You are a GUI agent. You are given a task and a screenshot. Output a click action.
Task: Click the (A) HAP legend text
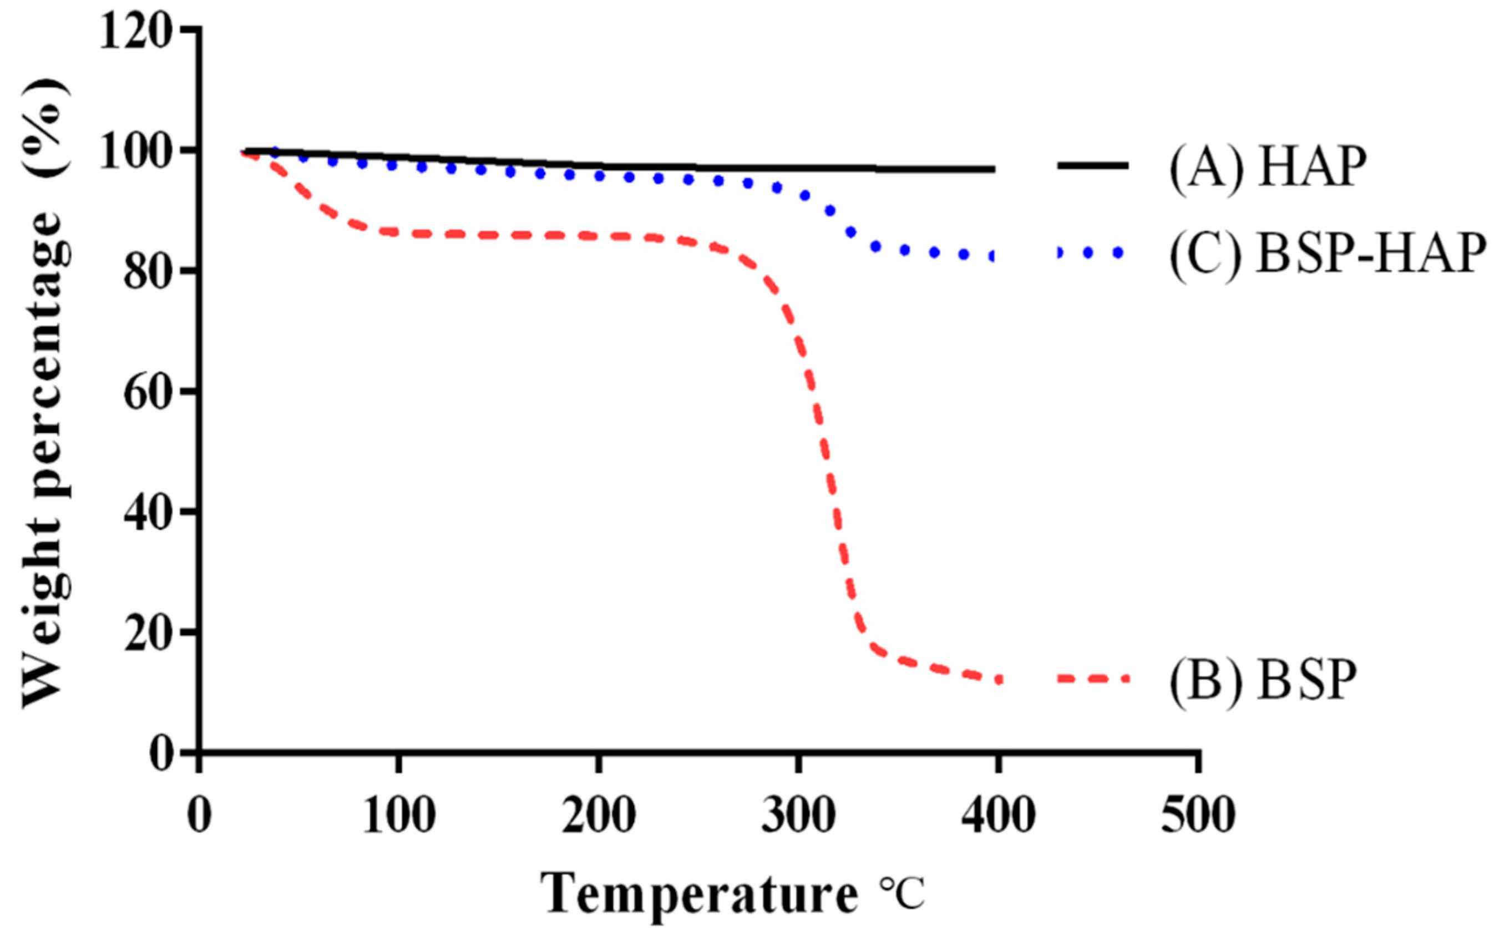coord(1267,167)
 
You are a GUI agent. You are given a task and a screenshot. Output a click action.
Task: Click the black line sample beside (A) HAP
coord(1092,165)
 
